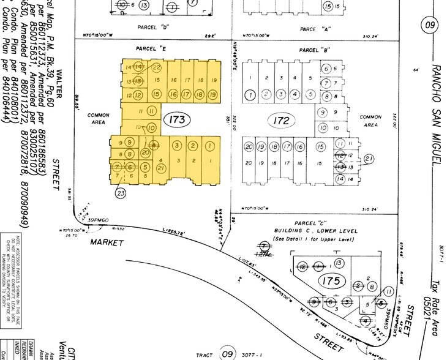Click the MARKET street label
click(107, 242)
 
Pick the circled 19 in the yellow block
click(212, 95)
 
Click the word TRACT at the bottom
click(204, 354)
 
